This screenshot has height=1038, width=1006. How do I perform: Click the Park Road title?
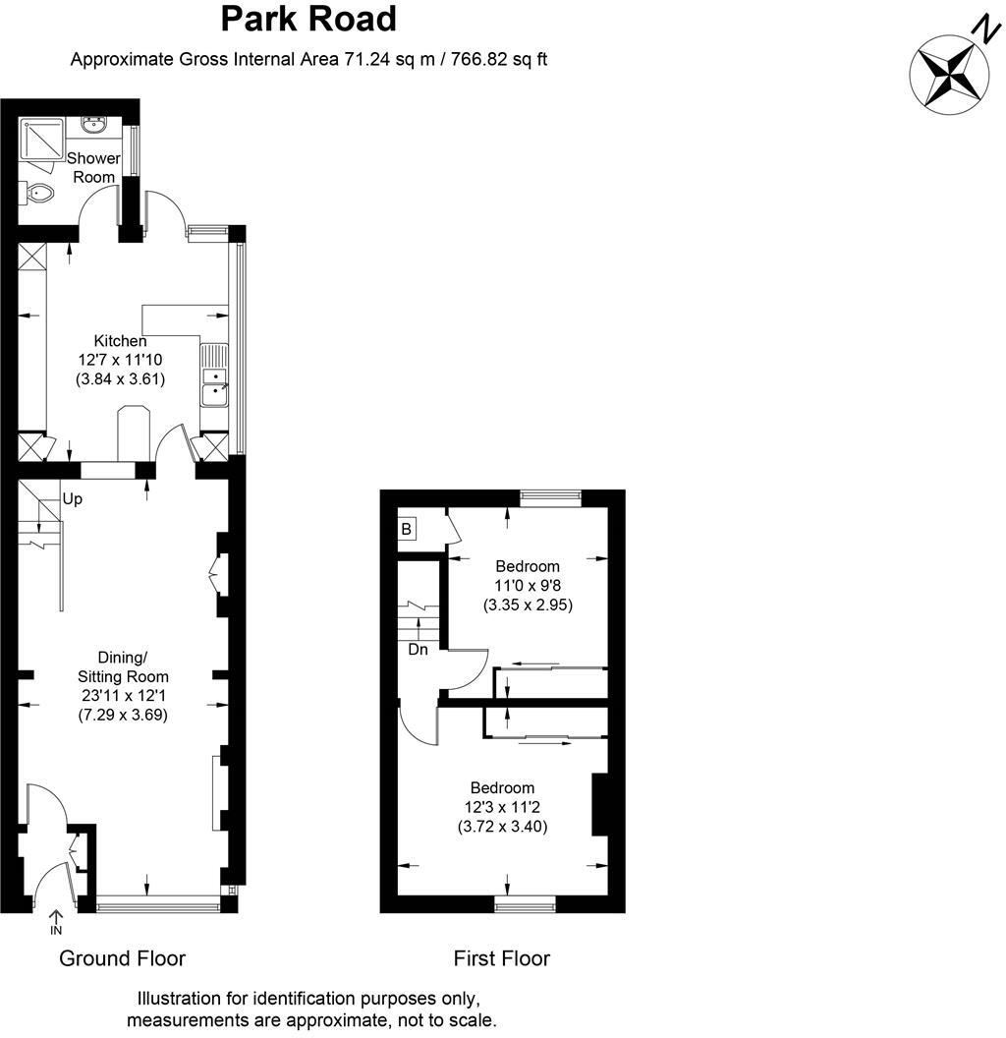click(308, 19)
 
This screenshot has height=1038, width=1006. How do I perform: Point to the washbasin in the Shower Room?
click(95, 126)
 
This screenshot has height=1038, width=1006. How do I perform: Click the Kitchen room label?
click(120, 341)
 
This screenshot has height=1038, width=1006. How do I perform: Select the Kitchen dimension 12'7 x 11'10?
click(120, 360)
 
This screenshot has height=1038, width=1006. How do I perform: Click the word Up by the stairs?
click(73, 499)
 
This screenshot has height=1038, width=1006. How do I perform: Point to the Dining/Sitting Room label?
click(123, 666)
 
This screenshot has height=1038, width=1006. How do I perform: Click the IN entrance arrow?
click(56, 923)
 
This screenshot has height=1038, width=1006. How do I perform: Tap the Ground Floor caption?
click(123, 958)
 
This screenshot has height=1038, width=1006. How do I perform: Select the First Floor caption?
click(502, 958)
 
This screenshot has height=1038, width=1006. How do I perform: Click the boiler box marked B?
click(406, 530)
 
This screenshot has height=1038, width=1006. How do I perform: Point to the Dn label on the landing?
click(419, 650)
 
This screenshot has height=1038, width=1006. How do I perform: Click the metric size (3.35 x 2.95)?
click(528, 605)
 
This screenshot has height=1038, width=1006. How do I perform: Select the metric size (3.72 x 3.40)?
click(502, 827)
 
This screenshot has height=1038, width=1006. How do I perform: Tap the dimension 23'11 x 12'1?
click(123, 696)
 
